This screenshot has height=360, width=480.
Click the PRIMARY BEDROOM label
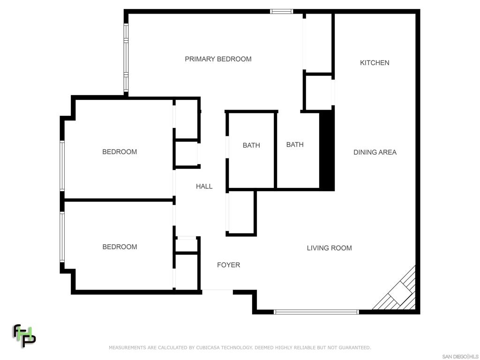tap(218, 59)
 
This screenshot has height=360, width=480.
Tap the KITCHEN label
tap(375, 63)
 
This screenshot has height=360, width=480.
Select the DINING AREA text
tap(375, 152)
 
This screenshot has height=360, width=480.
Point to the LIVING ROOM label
tap(329, 248)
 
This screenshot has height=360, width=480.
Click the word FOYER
tap(228, 265)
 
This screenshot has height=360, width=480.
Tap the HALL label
tap(204, 186)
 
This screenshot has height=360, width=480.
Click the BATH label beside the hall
tap(251, 145)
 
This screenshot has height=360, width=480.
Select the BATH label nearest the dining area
tap(295, 144)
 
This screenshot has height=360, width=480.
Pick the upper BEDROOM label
tap(120, 151)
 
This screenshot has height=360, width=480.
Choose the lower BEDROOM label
tap(120, 247)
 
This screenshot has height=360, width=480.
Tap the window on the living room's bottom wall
tap(316, 312)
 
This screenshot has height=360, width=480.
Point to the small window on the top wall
tap(281, 12)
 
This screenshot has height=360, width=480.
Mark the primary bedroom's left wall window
tap(126, 58)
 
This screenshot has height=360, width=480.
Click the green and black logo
tap(24, 336)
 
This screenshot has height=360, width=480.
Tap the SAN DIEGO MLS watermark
tap(460, 357)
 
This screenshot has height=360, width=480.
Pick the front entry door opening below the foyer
tap(217, 290)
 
